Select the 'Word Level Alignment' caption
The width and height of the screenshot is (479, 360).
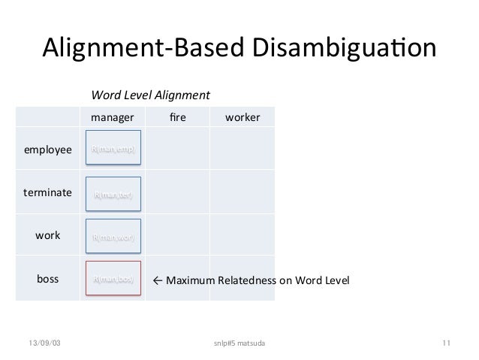tap(150, 95)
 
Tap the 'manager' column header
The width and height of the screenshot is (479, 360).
tap(113, 117)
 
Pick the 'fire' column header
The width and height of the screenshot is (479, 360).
tap(176, 117)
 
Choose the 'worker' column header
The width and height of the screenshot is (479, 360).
tap(242, 117)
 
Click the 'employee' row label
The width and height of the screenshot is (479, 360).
tap(48, 150)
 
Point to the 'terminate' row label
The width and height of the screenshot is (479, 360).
tap(48, 192)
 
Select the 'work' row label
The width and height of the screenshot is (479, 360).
tap(48, 235)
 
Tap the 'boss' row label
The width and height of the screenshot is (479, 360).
tap(48, 279)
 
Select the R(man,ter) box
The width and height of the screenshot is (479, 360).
tap(113, 194)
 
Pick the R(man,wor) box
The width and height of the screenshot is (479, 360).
tap(113, 237)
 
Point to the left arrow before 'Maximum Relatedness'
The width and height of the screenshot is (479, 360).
tap(157, 280)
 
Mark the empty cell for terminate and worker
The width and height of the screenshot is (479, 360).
tap(242, 193)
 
